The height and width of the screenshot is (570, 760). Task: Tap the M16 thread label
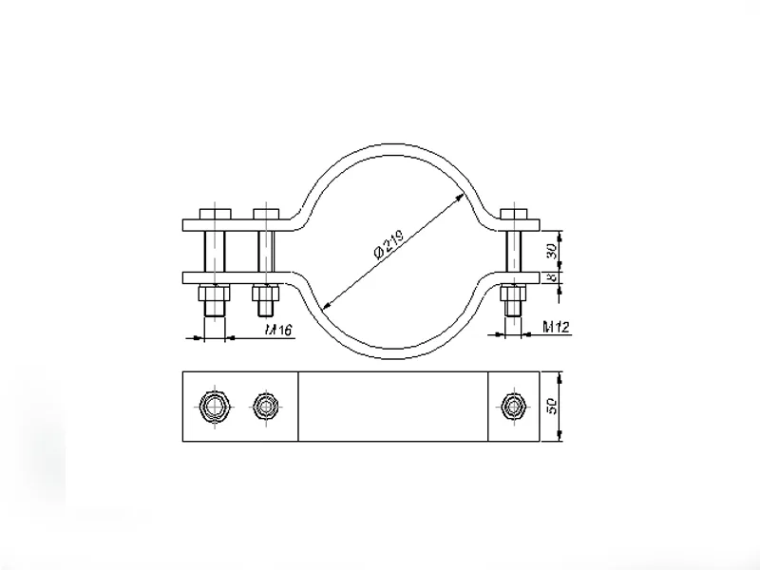tap(278, 330)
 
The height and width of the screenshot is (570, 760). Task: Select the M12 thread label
tap(556, 328)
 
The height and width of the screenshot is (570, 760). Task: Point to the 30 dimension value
tap(552, 251)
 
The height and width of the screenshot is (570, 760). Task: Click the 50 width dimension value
tap(552, 406)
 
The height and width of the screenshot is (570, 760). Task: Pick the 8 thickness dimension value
tap(552, 277)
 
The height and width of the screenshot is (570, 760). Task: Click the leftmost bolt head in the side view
tap(216, 214)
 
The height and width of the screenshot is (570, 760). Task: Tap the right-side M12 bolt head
tap(514, 214)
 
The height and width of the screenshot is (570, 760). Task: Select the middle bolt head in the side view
tap(266, 214)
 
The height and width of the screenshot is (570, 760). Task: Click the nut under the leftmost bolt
tap(214, 294)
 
